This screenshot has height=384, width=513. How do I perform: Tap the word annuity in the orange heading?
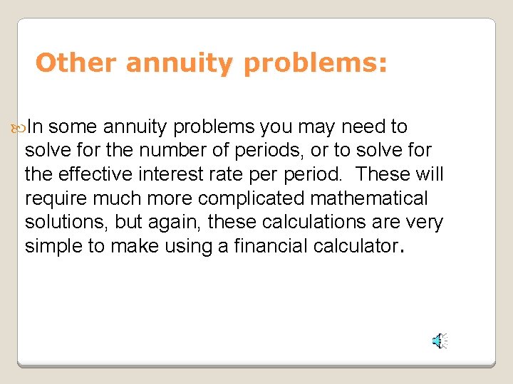181,63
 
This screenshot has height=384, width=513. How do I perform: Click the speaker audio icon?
439,341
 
